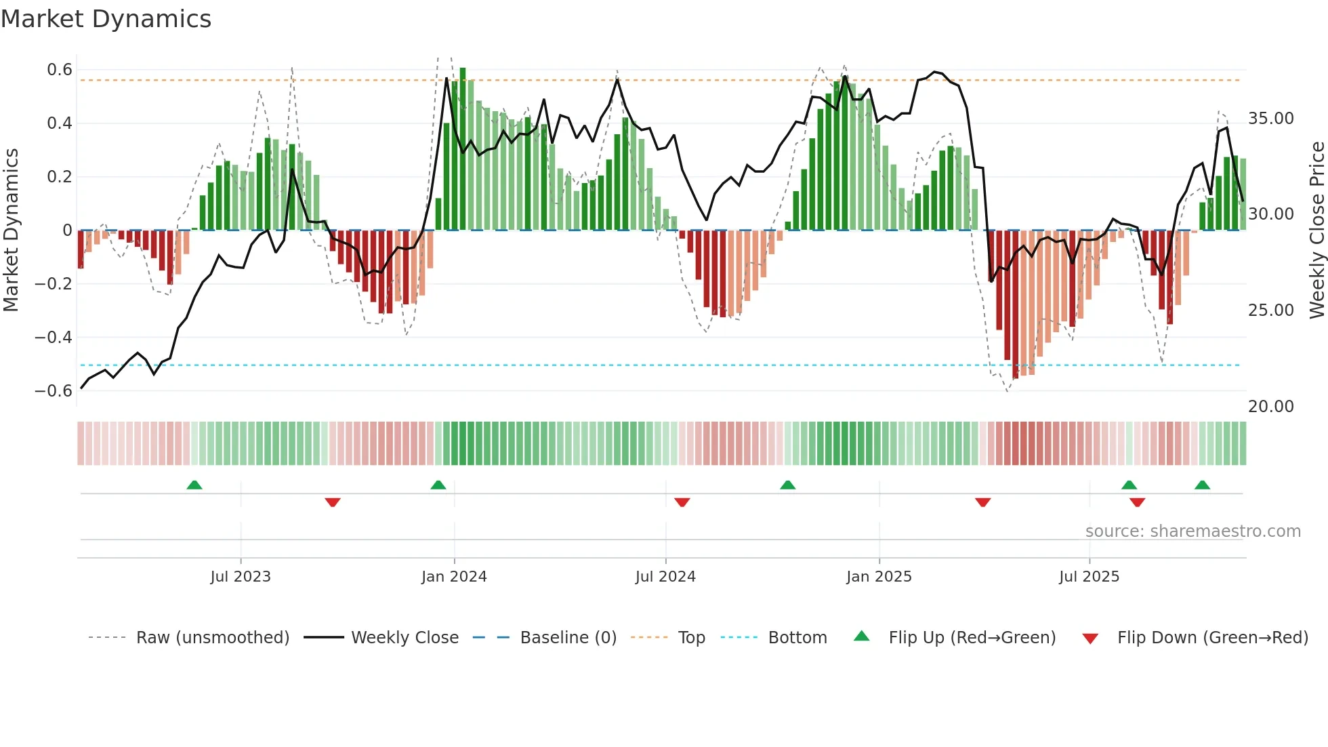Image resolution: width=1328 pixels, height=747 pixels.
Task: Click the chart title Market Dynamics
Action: click(106, 19)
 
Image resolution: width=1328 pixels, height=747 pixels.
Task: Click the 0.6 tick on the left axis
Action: click(60, 70)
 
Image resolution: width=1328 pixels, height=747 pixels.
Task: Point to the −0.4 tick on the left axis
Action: click(54, 337)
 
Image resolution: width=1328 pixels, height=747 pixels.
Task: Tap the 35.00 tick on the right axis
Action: click(1270, 119)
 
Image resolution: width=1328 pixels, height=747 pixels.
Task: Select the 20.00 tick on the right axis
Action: click(1270, 407)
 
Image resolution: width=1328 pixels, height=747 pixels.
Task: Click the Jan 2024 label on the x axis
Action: click(454, 577)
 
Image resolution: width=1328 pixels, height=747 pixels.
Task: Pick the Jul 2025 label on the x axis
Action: click(1089, 577)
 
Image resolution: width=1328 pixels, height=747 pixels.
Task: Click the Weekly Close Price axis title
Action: click(1316, 230)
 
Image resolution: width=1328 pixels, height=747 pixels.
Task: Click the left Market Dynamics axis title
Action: click(11, 230)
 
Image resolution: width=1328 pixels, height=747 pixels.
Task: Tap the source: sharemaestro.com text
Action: click(1192, 531)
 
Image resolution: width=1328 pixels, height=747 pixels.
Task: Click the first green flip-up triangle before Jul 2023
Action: click(194, 485)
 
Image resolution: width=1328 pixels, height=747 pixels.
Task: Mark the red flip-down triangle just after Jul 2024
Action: click(682, 502)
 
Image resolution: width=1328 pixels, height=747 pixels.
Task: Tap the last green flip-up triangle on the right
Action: click(1203, 485)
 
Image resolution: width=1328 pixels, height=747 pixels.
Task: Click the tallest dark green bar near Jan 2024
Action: click(463, 149)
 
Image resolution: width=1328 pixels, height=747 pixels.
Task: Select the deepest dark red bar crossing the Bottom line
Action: click(1015, 305)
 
